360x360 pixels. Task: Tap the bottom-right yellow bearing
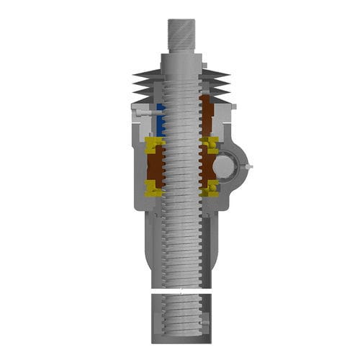(211, 189)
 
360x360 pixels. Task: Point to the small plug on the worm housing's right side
(248, 167)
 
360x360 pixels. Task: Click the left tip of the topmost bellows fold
(135, 73)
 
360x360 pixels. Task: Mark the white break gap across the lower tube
(181, 290)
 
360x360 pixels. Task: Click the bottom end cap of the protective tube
(181, 338)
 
